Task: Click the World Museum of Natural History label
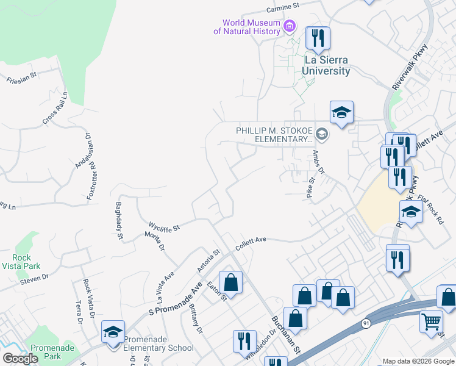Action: pyautogui.click(x=251, y=27)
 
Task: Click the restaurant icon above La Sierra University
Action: pyautogui.click(x=317, y=38)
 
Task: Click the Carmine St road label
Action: pyautogui.click(x=285, y=8)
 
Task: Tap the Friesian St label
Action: pyautogui.click(x=22, y=79)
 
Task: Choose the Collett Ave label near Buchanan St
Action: pyautogui.click(x=252, y=240)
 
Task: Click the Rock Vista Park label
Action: pyautogui.click(x=21, y=262)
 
